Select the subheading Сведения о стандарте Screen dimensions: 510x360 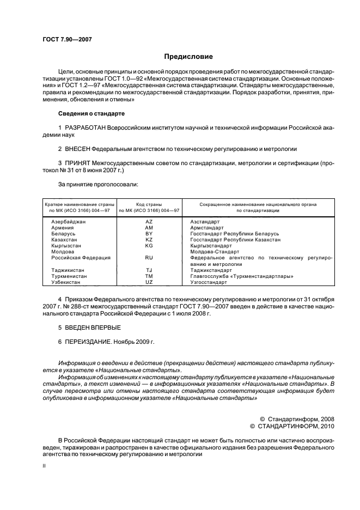pyautogui.click(x=91, y=113)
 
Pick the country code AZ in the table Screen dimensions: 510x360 pyautogui.click(x=149, y=222)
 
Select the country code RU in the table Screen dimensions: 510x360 pyautogui.click(x=149, y=257)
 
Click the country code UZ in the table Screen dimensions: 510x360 pyautogui.click(x=149, y=283)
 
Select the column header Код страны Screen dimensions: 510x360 pyautogui.click(x=149, y=203)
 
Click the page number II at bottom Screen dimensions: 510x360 pyautogui.click(x=44, y=466)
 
